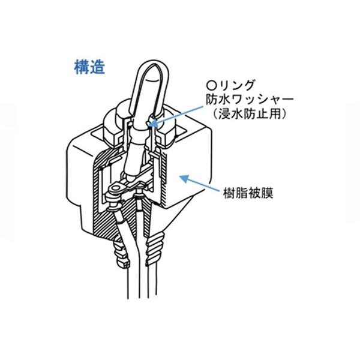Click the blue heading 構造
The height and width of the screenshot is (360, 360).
tap(89, 67)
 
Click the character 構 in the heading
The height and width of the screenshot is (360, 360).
tap(81, 67)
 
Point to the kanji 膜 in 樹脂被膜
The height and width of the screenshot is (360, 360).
tap(267, 194)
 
